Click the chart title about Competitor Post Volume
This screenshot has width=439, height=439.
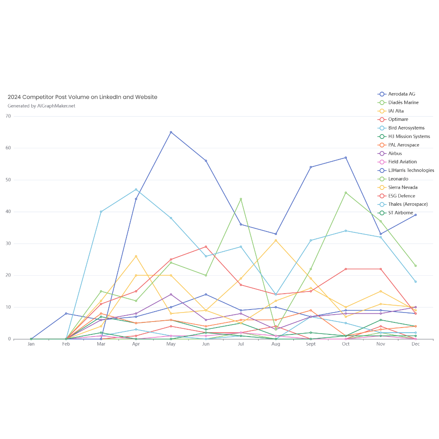(82, 97)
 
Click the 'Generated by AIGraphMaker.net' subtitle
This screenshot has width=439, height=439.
(42, 106)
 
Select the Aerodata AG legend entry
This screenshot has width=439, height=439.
(401, 94)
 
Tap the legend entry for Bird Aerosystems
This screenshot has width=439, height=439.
(406, 128)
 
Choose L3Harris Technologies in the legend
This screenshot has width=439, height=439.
(411, 170)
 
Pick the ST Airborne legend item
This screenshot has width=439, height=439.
(400, 213)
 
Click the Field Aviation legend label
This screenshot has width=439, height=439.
(402, 162)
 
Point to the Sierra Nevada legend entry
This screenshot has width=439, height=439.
(403, 187)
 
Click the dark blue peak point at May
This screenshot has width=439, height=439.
(171, 132)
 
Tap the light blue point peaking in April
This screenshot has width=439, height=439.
(136, 189)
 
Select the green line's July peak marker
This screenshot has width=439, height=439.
(241, 199)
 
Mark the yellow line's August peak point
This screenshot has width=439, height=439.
(276, 241)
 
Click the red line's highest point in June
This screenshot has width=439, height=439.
(206, 247)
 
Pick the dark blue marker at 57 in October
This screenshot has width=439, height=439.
(346, 158)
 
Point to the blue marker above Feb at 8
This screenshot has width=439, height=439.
(66, 314)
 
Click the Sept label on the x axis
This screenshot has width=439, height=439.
(311, 344)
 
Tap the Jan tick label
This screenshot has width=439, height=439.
(31, 344)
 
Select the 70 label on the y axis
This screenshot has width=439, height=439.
(8, 116)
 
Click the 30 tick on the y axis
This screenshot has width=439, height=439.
(8, 244)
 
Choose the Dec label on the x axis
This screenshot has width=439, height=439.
(415, 344)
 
